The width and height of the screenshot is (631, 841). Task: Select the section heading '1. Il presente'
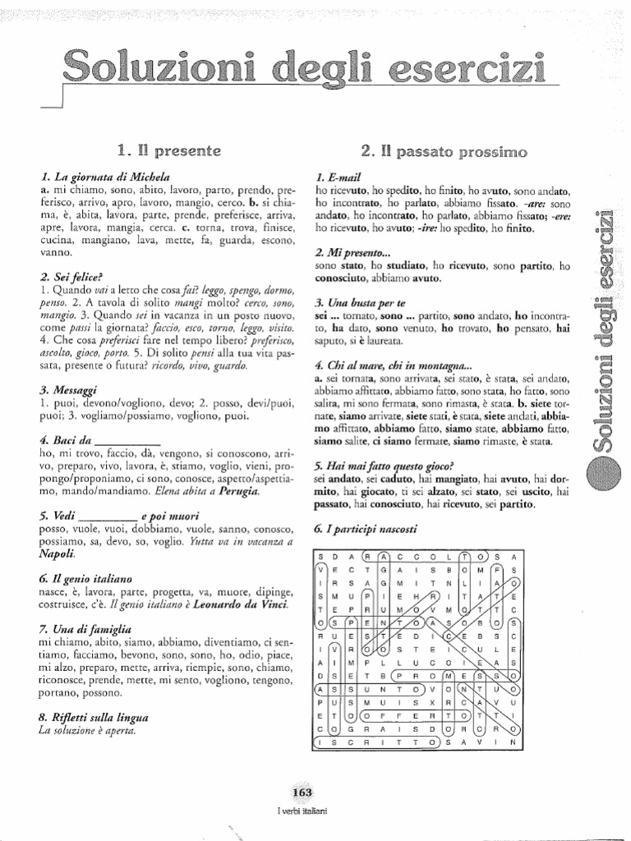tap(168, 150)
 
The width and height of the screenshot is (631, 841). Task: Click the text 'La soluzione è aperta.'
tap(89, 729)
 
